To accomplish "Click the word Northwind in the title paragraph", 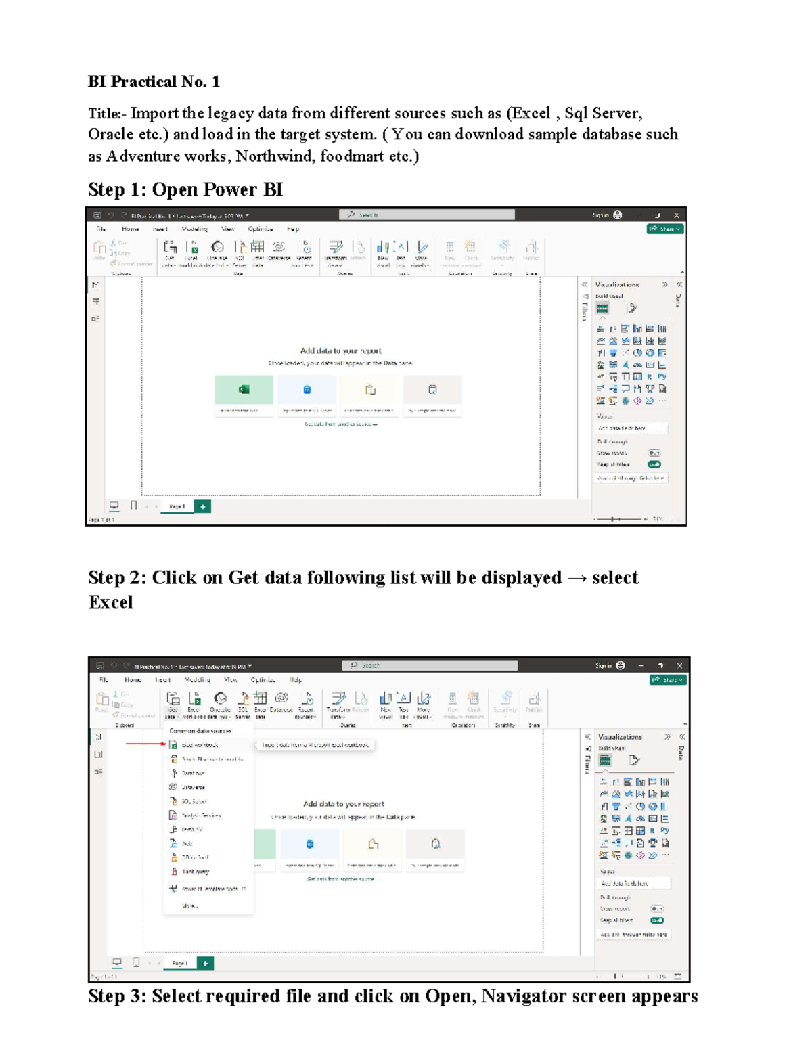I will pyautogui.click(x=273, y=156).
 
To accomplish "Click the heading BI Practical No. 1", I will pyautogui.click(x=154, y=82).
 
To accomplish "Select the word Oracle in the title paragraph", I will pyautogui.click(x=110, y=135).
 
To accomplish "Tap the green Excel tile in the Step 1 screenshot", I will pyautogui.click(x=244, y=390).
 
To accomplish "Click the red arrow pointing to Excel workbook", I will pyautogui.click(x=145, y=744).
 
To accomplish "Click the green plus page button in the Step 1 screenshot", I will pyautogui.click(x=202, y=506).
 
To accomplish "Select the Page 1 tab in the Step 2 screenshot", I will pyautogui.click(x=179, y=963).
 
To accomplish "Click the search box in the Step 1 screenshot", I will pyautogui.click(x=426, y=215).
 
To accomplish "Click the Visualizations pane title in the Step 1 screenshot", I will pyautogui.click(x=617, y=285).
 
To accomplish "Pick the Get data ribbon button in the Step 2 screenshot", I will pyautogui.click(x=172, y=703).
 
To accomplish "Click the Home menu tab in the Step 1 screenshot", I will pyautogui.click(x=130, y=229).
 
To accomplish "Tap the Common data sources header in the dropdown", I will pyautogui.click(x=200, y=731).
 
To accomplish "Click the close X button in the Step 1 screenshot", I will pyautogui.click(x=676, y=215).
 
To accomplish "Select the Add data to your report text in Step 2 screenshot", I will pyautogui.click(x=344, y=804).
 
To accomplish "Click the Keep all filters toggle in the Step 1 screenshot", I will pyautogui.click(x=654, y=465).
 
